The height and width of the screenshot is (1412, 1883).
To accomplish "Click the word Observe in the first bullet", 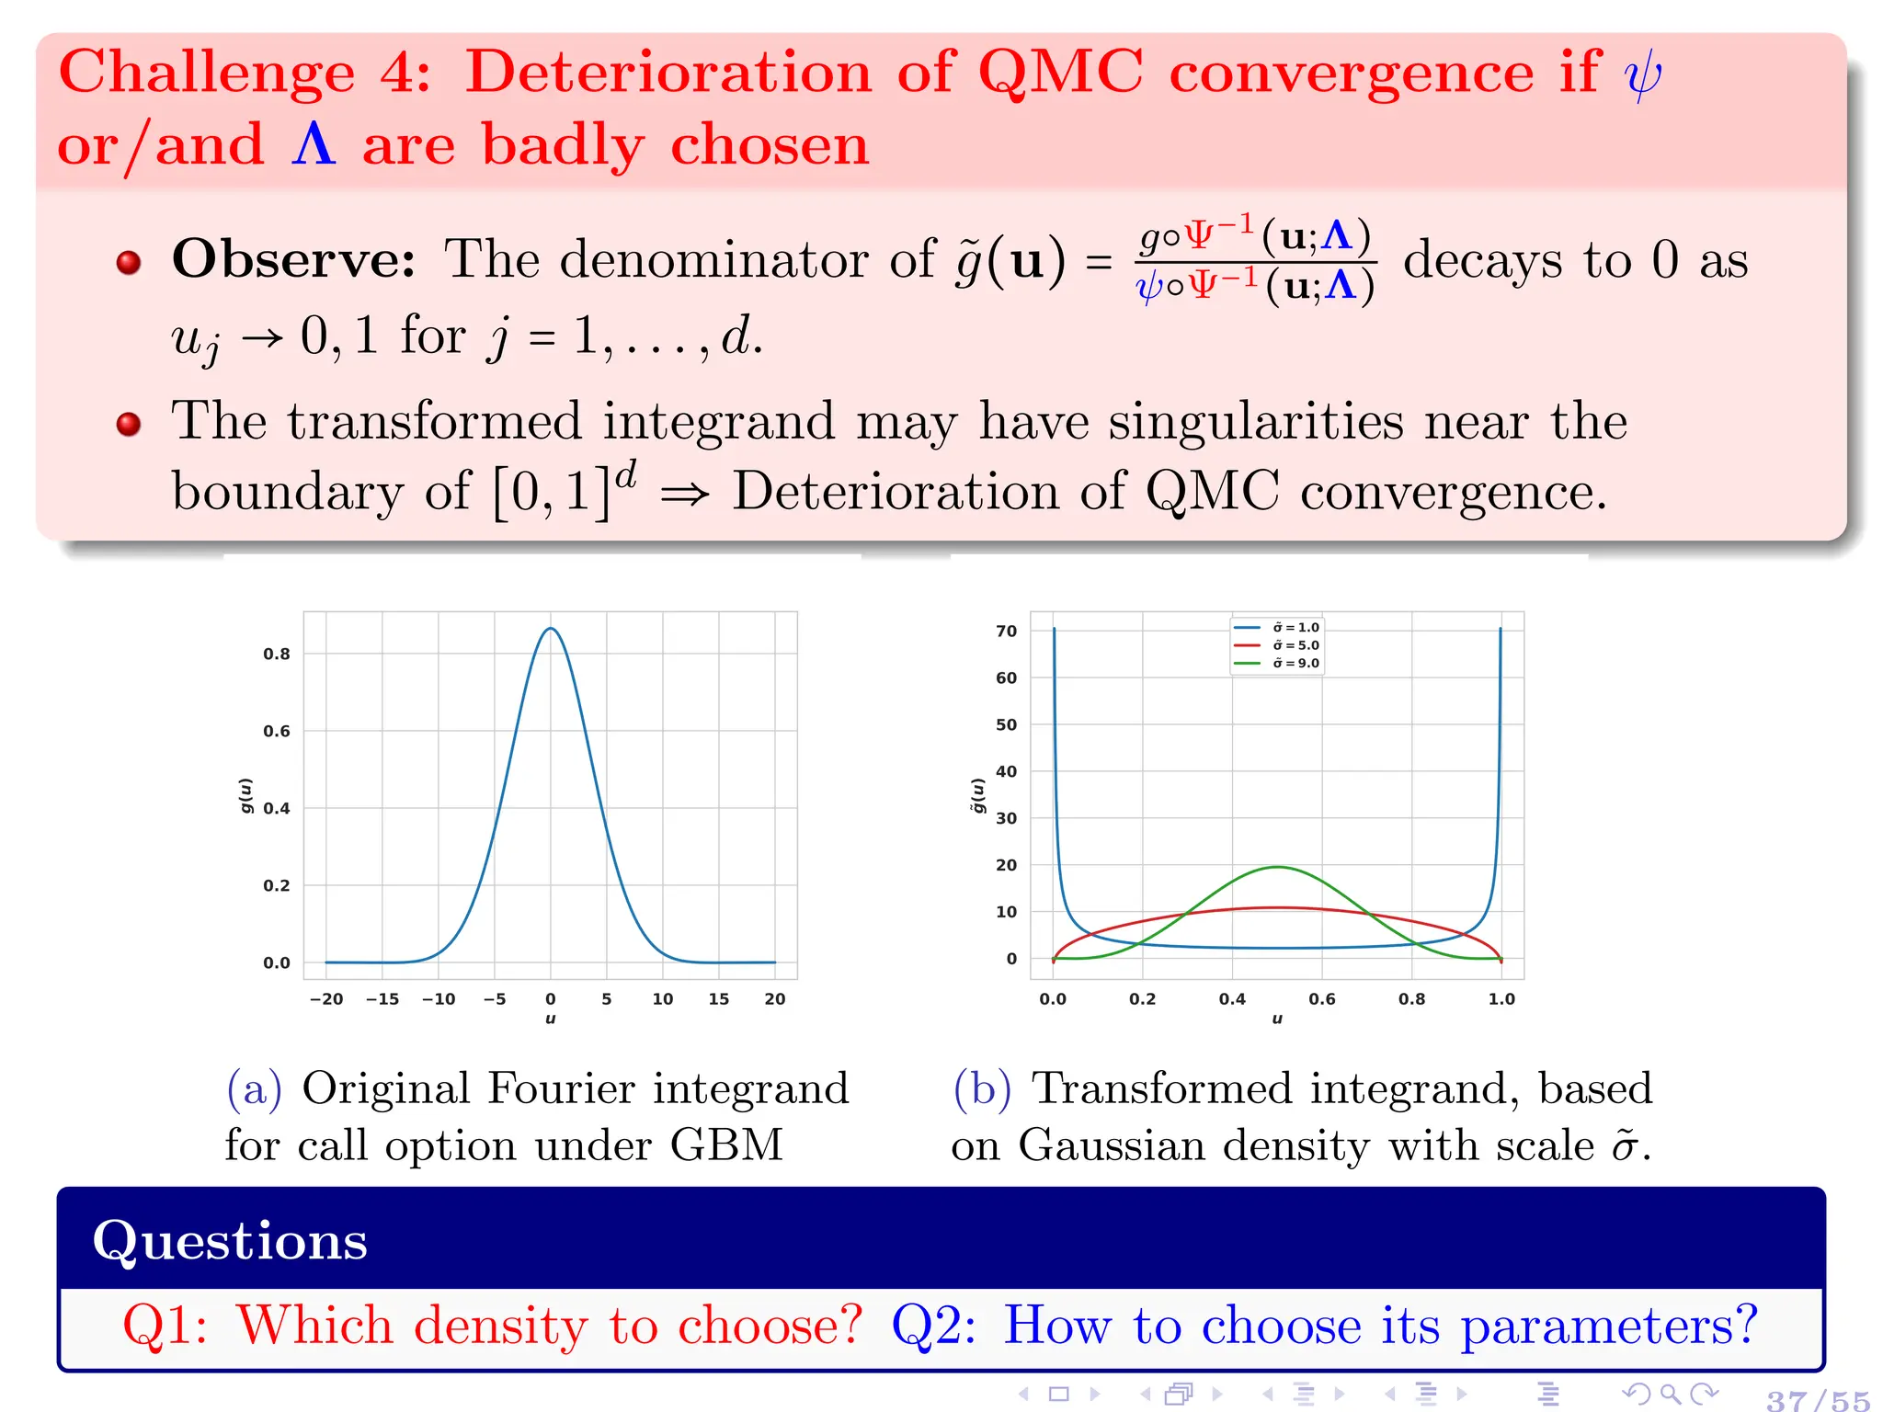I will tap(293, 259).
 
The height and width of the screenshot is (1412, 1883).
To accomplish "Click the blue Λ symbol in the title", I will tap(314, 145).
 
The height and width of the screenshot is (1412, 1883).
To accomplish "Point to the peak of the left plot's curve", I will tap(550, 629).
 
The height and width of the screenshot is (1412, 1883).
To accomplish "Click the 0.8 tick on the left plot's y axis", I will tap(276, 655).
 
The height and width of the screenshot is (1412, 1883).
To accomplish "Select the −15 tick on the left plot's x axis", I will tap(382, 999).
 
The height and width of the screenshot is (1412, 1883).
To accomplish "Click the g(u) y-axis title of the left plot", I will tap(245, 796).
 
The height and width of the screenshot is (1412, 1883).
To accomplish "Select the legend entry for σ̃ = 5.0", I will tap(1295, 645).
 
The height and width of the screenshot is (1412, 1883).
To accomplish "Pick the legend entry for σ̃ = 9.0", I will tap(1295, 664).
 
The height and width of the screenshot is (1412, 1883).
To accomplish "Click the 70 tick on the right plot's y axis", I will tap(1007, 632).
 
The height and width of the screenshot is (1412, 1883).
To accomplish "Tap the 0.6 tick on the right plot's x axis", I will tap(1321, 999).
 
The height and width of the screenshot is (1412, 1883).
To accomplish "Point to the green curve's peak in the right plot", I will tap(1277, 867).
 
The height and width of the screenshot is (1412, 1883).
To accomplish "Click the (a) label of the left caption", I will tap(254, 1089).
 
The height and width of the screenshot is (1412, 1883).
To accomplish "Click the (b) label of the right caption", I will tap(981, 1089).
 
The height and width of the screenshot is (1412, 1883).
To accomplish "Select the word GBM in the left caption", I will tap(726, 1145).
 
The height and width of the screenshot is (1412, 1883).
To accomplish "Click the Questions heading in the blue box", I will tap(230, 1241).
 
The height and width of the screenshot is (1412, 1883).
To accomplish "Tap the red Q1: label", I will tap(165, 1326).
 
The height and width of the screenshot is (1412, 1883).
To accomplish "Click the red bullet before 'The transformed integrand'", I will tap(129, 424).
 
